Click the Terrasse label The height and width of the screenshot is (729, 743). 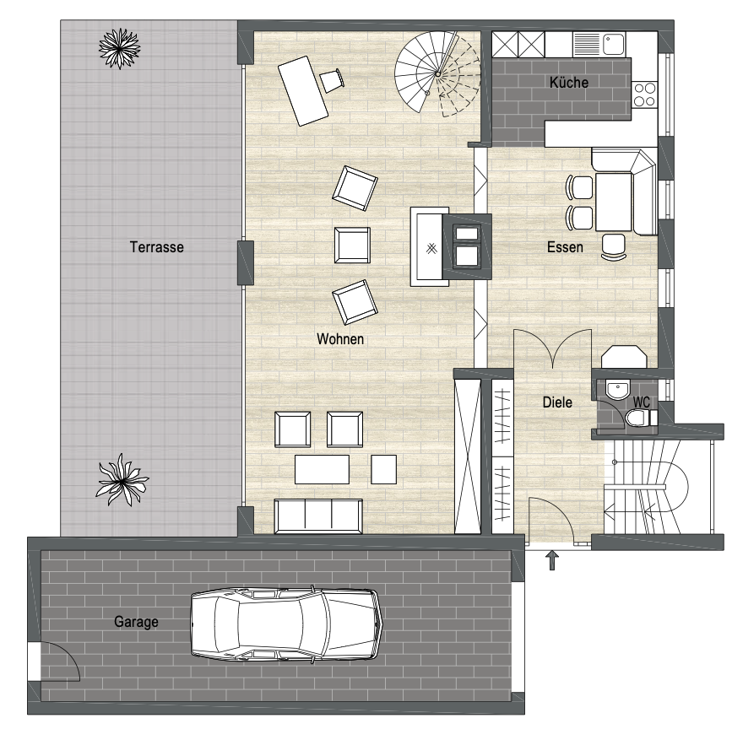click(x=157, y=246)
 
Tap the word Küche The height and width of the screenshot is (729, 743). click(x=568, y=82)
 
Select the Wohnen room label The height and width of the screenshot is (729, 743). click(x=340, y=338)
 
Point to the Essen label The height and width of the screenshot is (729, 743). click(x=565, y=246)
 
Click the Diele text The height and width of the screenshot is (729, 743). click(x=557, y=402)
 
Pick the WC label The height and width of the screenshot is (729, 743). click(x=641, y=402)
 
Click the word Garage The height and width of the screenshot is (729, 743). click(x=136, y=622)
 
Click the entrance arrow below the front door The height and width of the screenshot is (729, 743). click(x=551, y=560)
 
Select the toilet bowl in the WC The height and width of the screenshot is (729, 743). click(x=637, y=418)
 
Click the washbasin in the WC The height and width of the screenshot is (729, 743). click(x=617, y=391)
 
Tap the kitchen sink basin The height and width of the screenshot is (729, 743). click(x=614, y=44)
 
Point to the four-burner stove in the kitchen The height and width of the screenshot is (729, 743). click(x=644, y=94)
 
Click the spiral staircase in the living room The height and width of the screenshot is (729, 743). click(x=437, y=74)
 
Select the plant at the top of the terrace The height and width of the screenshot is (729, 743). click(x=119, y=48)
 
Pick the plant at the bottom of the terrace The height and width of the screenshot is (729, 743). click(x=122, y=480)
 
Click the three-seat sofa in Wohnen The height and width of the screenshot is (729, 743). click(x=318, y=516)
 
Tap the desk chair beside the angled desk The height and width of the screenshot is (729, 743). click(x=332, y=80)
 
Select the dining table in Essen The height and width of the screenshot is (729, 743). click(x=614, y=202)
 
